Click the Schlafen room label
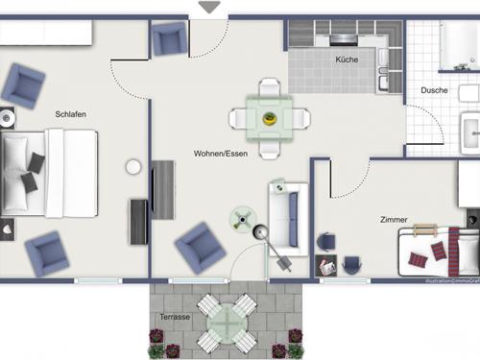tap(71, 114)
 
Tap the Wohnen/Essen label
tap(220, 154)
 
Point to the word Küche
tap(347, 60)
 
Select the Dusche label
tap(435, 90)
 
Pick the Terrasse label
tap(175, 316)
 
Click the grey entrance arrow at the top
tap(209, 8)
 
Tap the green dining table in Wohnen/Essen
tap(270, 119)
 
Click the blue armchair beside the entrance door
tap(169, 39)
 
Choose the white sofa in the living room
tap(286, 218)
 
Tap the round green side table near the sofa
tap(240, 219)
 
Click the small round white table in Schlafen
tap(133, 167)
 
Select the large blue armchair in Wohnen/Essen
tap(201, 247)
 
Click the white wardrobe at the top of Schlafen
tap(45, 35)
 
